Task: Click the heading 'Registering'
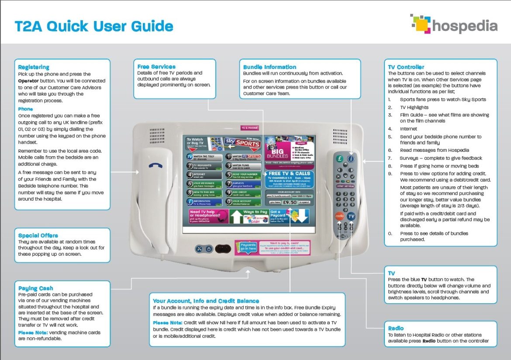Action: point(34,67)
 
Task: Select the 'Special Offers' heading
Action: point(38,236)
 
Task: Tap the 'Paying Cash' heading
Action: point(36,288)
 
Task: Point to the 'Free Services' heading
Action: point(156,67)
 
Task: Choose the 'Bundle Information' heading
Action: point(269,67)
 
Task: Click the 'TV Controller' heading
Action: point(406,67)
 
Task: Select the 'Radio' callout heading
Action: point(396,328)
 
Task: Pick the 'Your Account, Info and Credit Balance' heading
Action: point(206,301)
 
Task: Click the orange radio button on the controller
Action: point(339,216)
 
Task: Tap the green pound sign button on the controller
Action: point(340,159)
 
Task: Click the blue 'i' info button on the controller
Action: point(351,159)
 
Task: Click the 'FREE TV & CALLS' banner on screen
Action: point(289,174)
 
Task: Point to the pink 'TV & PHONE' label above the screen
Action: point(249,128)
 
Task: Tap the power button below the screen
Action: point(209,249)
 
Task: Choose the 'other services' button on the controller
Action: point(345,186)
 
